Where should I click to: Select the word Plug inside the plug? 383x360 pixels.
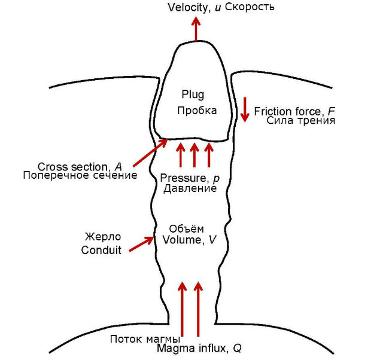click(x=193, y=94)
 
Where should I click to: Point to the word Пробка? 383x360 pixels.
click(x=196, y=111)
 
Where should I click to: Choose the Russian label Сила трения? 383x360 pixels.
click(x=300, y=120)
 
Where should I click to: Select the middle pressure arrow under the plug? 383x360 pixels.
click(x=194, y=155)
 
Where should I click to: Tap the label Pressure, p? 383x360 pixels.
click(x=188, y=178)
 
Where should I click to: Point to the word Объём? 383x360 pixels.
click(x=187, y=229)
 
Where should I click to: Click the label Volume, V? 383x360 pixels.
click(x=187, y=240)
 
